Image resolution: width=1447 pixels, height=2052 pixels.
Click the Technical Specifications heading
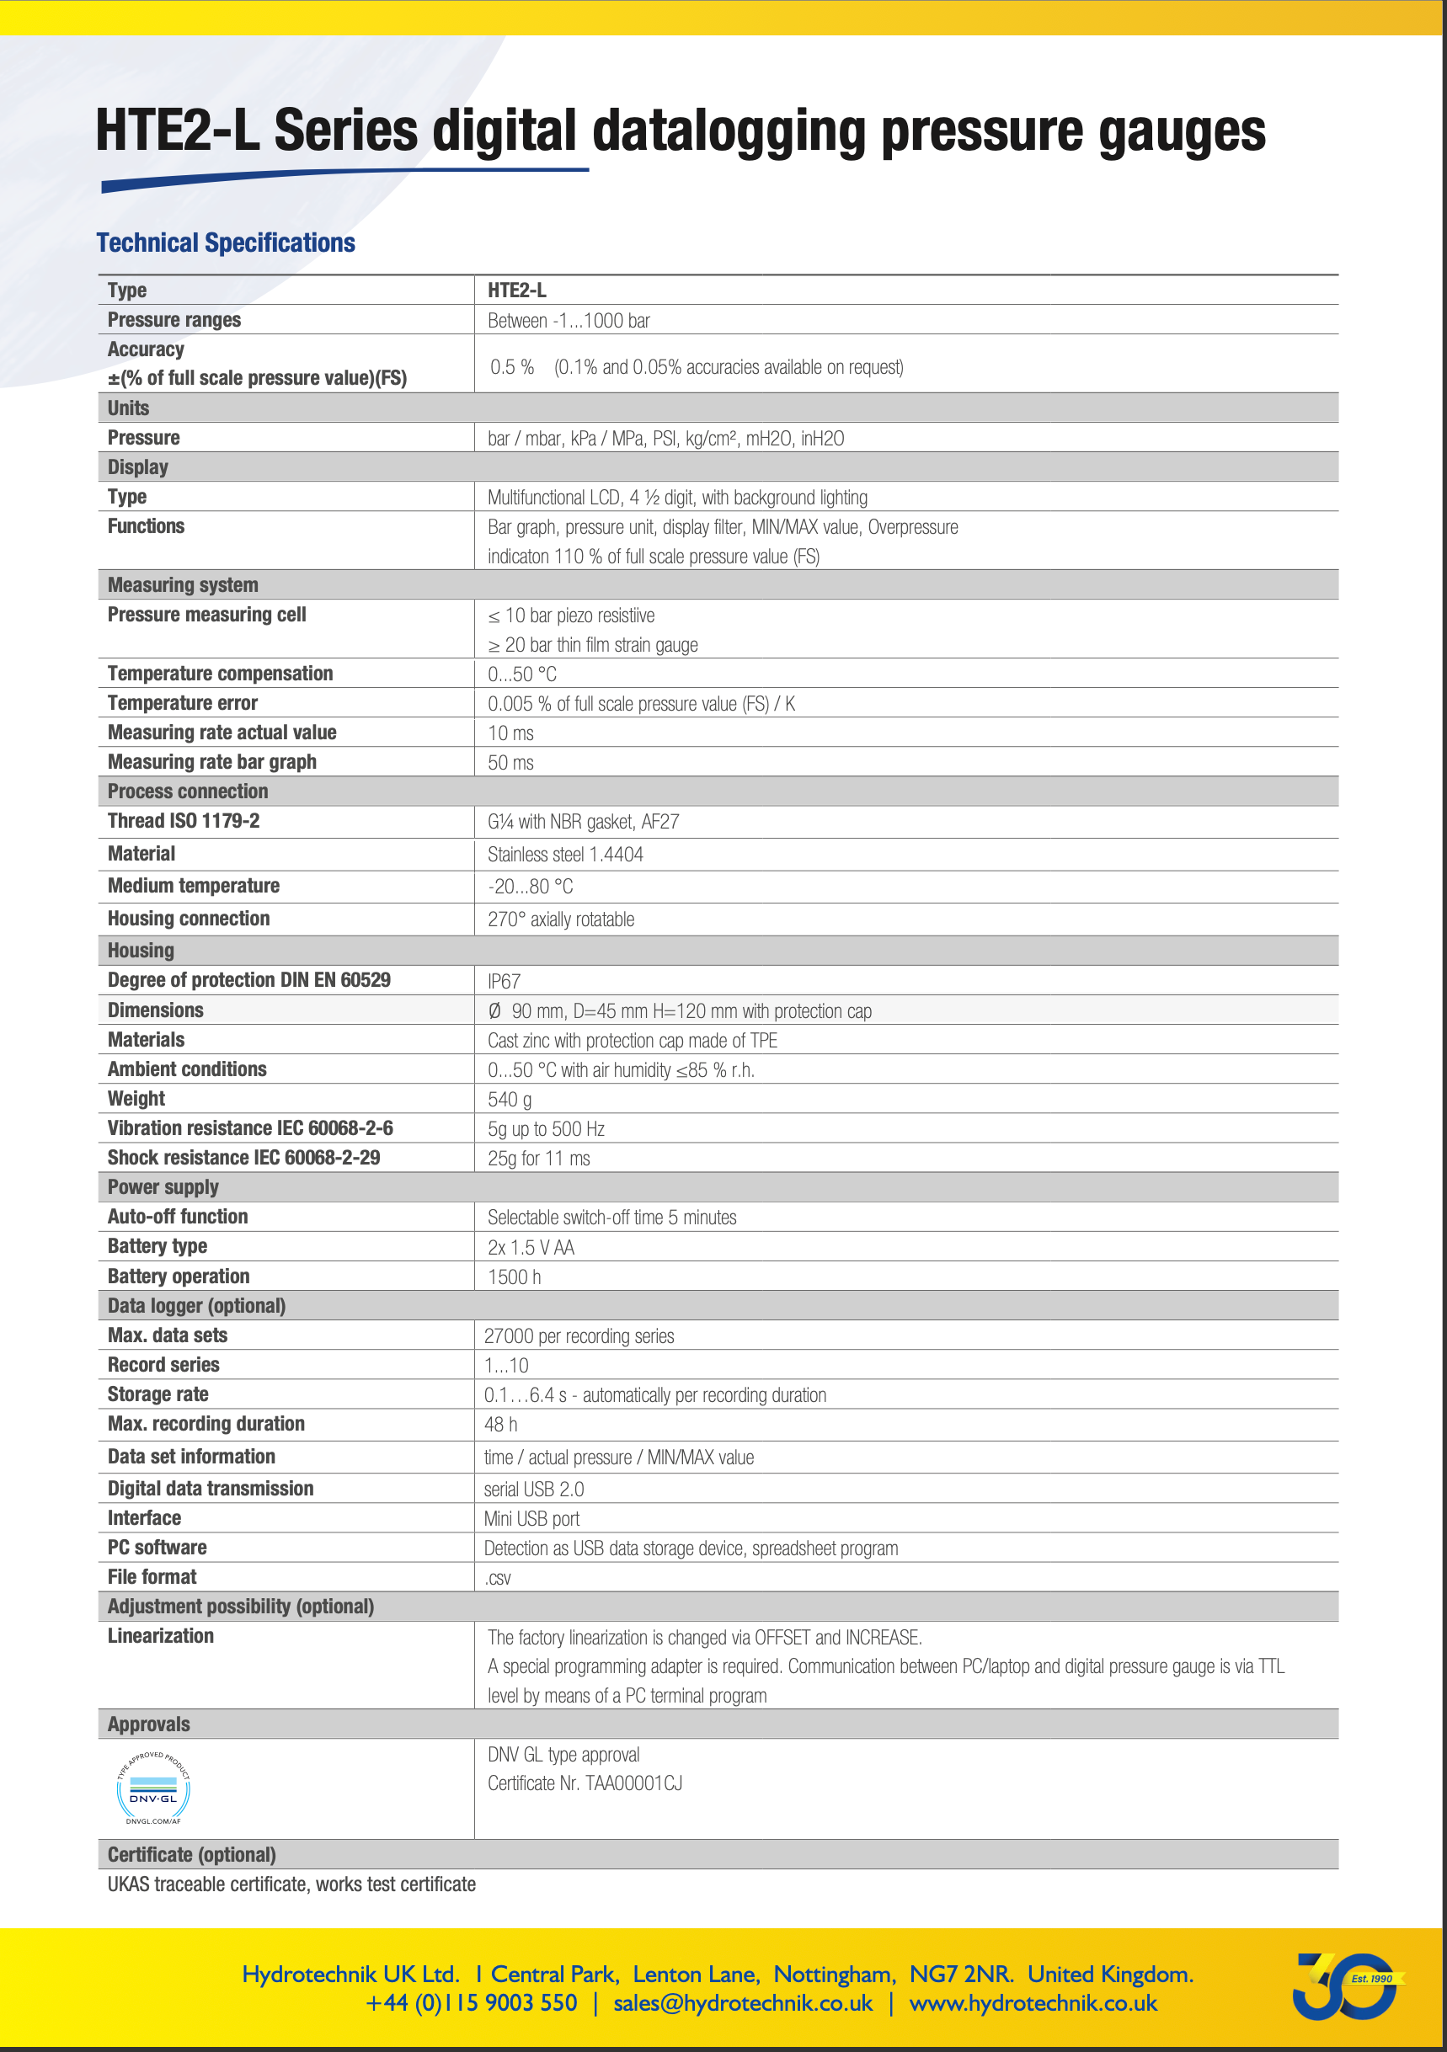(x=225, y=243)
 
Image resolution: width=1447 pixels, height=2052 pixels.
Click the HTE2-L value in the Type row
(x=516, y=290)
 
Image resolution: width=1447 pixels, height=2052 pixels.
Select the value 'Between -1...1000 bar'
(x=569, y=321)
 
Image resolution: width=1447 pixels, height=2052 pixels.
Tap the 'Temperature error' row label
(x=182, y=703)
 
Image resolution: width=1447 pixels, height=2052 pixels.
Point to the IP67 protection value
(x=504, y=981)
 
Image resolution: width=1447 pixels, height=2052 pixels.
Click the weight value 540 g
(x=510, y=1100)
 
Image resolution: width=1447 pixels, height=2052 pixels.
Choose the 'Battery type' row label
(x=158, y=1247)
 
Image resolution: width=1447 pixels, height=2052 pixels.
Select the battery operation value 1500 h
(x=514, y=1277)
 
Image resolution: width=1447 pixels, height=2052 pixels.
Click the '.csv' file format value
(x=498, y=1578)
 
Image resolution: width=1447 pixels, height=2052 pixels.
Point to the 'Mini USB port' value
(x=531, y=1519)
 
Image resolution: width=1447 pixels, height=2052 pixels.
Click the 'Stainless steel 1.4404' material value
(x=565, y=855)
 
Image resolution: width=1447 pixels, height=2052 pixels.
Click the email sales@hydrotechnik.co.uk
(x=743, y=2003)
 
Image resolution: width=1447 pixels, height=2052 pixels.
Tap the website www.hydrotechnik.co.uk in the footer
(x=1033, y=2003)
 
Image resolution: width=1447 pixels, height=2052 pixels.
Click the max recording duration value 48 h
(x=500, y=1425)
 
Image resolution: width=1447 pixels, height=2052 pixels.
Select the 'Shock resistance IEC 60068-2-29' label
(x=244, y=1159)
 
